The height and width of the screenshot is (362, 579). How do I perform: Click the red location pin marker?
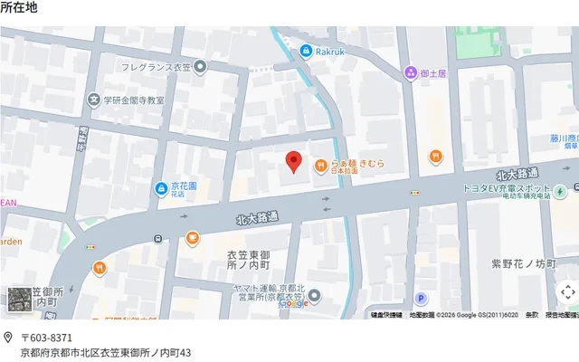click(292, 161)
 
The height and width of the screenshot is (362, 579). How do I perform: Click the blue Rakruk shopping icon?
click(307, 51)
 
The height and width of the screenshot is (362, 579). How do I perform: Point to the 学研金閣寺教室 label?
click(133, 100)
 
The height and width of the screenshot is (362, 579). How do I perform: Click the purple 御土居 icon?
click(411, 73)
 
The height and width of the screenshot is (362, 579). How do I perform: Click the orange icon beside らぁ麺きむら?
click(320, 165)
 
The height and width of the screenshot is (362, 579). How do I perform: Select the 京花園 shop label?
click(185, 187)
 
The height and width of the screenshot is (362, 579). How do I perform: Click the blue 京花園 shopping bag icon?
click(159, 188)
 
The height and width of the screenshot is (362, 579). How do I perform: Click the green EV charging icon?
click(560, 191)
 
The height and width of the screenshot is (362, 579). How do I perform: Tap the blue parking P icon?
click(420, 298)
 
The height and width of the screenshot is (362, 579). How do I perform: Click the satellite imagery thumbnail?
click(19, 300)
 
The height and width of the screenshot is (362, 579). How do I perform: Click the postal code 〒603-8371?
click(46, 338)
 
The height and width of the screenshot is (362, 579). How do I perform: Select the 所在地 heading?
click(19, 7)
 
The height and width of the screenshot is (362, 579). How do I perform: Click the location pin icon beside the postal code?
click(7, 338)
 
